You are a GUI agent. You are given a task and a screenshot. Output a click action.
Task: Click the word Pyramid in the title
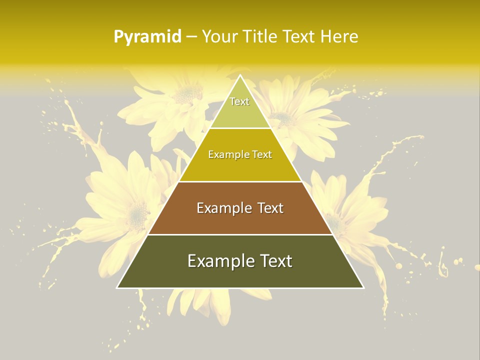[147, 37]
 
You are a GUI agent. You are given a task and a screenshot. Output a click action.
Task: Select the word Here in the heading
[339, 36]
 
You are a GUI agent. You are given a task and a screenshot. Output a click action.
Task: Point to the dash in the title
[191, 37]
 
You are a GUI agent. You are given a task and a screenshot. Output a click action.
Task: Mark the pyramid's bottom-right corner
[363, 287]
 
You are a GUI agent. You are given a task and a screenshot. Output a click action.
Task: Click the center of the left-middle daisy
[136, 212]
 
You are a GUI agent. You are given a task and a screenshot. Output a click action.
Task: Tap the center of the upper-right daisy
[283, 119]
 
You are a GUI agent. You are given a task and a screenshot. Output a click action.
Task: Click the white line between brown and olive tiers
[240, 234]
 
